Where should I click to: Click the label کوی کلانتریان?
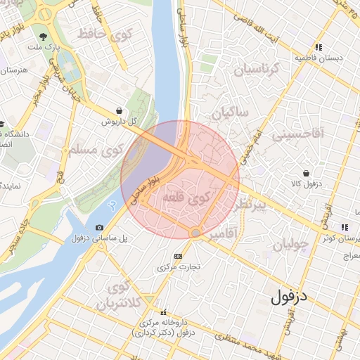pyautogui.click(x=115, y=295)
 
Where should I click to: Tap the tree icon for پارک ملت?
pyautogui.click(x=44, y=37)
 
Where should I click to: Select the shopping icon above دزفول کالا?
pyautogui.click(x=306, y=173)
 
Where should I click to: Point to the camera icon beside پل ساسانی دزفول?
pyautogui.click(x=99, y=228)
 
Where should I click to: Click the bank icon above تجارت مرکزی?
pyautogui.click(x=177, y=256)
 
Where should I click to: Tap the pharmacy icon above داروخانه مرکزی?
pyautogui.click(x=164, y=312)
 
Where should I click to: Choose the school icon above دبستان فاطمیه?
pyautogui.click(x=319, y=47)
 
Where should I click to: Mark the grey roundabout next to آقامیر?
pyautogui.click(x=195, y=233)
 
